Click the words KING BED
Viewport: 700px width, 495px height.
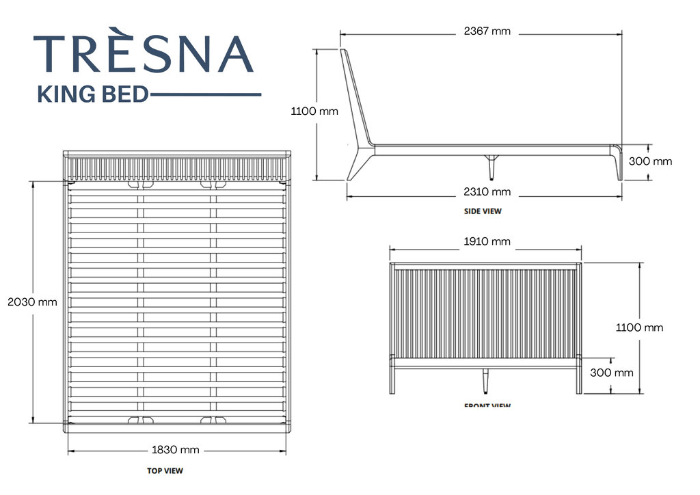92,94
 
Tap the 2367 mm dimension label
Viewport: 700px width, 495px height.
487,31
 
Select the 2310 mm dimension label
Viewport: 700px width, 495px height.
487,192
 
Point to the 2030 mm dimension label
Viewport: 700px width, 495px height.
32,302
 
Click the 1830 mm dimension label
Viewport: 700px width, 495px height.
175,450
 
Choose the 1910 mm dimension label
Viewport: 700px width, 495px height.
487,241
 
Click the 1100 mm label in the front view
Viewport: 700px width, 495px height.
639,327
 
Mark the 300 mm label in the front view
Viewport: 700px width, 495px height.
611,373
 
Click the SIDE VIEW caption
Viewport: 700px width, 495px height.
483,211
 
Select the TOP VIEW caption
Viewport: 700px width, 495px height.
165,470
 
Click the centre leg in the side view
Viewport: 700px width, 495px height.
491,166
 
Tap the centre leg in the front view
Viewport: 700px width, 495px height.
486,382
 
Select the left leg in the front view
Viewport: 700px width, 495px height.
392,379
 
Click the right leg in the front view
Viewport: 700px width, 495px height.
579,379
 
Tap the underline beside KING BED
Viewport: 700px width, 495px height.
205,94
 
